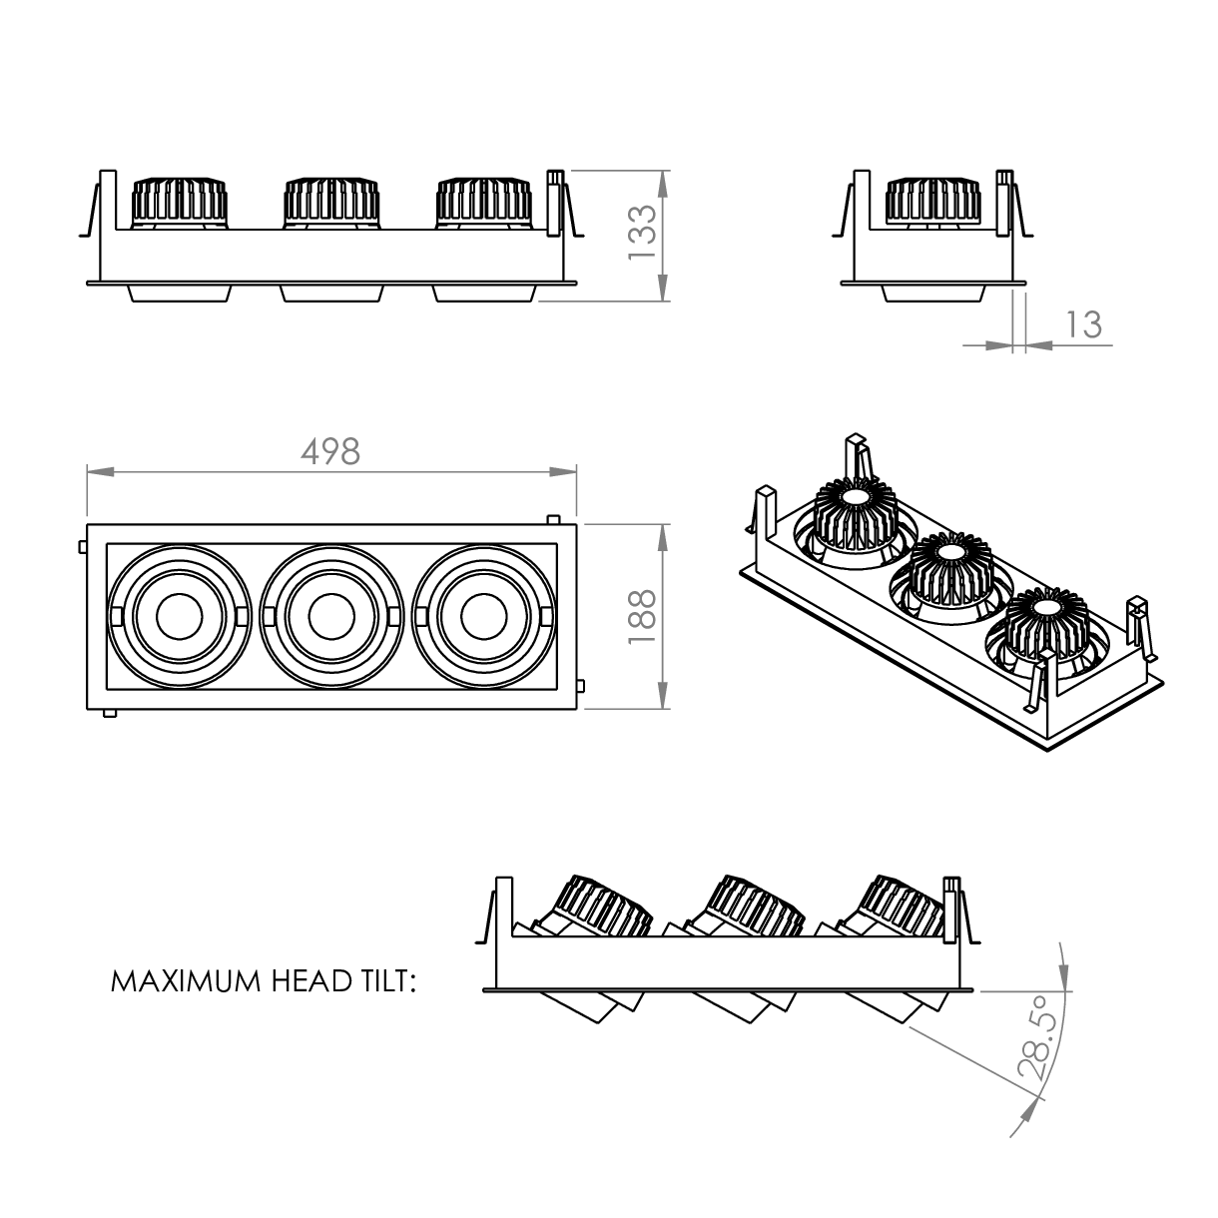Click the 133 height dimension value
pos(643,232)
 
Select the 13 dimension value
pos(1084,324)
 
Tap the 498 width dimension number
pos(330,452)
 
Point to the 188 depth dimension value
pos(643,617)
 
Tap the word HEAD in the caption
pos(310,981)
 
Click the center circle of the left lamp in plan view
pos(179,616)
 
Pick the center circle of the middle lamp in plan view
pos(331,616)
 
